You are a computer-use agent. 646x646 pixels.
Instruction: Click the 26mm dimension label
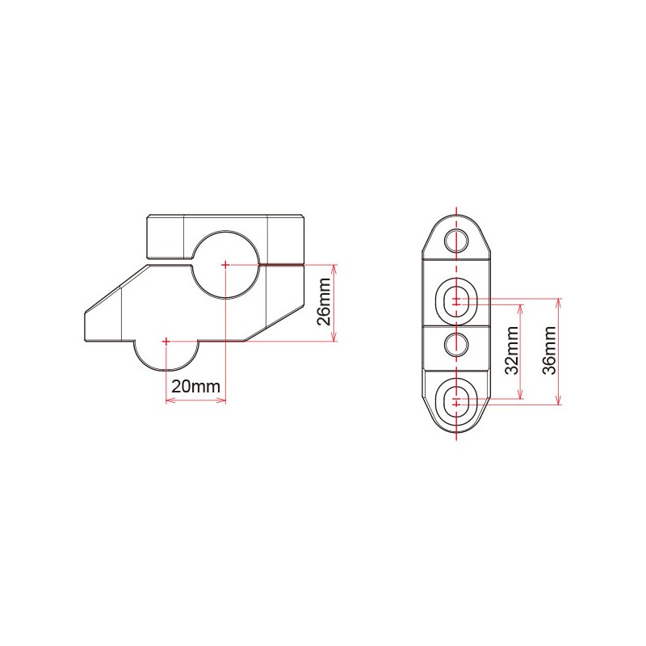(323, 302)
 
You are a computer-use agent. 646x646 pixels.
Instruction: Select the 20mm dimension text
(195, 386)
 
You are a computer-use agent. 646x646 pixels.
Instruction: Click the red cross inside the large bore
(224, 264)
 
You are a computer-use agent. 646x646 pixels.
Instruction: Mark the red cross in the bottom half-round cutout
(166, 342)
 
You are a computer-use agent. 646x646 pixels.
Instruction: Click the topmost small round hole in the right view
(457, 239)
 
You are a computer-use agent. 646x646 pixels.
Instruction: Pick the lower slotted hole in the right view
(457, 400)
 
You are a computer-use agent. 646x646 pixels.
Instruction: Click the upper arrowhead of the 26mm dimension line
(333, 268)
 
